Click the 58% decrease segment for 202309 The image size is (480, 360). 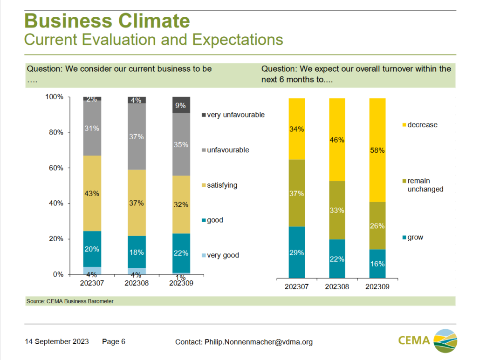[x=377, y=150]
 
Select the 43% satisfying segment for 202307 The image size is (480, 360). [x=92, y=193]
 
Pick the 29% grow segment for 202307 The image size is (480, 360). [x=297, y=252]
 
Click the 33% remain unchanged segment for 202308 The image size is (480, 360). [x=337, y=210]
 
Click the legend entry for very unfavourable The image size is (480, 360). [x=233, y=115]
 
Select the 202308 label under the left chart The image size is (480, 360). [x=137, y=282]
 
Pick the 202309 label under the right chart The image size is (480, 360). [x=377, y=286]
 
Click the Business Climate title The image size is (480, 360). [x=107, y=20]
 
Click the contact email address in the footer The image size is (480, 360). [x=258, y=342]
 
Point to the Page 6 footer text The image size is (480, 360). [x=114, y=342]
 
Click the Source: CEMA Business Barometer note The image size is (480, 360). [x=70, y=302]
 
